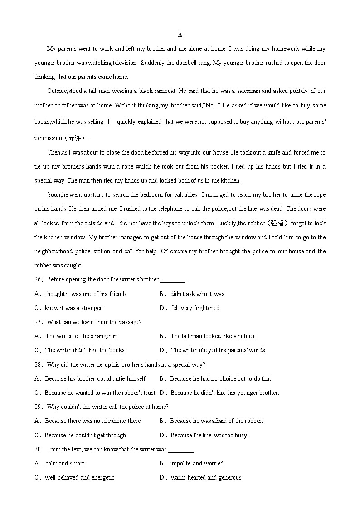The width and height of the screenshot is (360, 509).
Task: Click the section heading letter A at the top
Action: coord(180,35)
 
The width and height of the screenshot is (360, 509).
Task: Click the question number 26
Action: coord(38,280)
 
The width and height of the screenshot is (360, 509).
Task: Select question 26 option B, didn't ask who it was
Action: coord(197,294)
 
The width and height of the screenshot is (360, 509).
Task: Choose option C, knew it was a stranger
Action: coord(73,308)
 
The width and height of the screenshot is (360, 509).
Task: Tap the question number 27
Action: coord(38,322)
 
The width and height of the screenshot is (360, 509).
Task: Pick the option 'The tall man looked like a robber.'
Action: coord(213,336)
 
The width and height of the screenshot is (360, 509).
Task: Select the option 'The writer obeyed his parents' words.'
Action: coord(218,350)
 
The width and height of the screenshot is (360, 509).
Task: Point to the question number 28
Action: coord(38,364)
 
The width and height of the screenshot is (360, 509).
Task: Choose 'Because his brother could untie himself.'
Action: coord(96,379)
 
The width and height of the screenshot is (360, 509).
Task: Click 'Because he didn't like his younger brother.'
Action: coord(224,393)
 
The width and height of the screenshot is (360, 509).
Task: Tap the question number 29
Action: coord(38,407)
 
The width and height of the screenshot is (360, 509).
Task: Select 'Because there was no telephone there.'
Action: coord(93,421)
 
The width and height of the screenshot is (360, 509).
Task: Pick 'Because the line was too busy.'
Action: coord(209,436)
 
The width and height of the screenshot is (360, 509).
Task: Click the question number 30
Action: coord(38,450)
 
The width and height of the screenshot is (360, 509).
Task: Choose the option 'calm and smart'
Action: coord(64,464)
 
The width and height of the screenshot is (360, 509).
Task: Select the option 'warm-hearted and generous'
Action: coord(206,478)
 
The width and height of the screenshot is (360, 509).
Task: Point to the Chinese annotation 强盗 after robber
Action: coord(277,223)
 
